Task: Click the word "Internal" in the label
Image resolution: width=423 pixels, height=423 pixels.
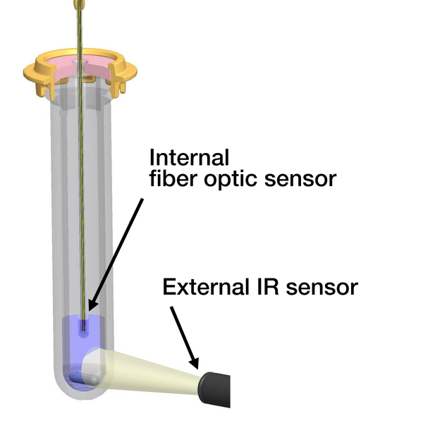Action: coord(190,156)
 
